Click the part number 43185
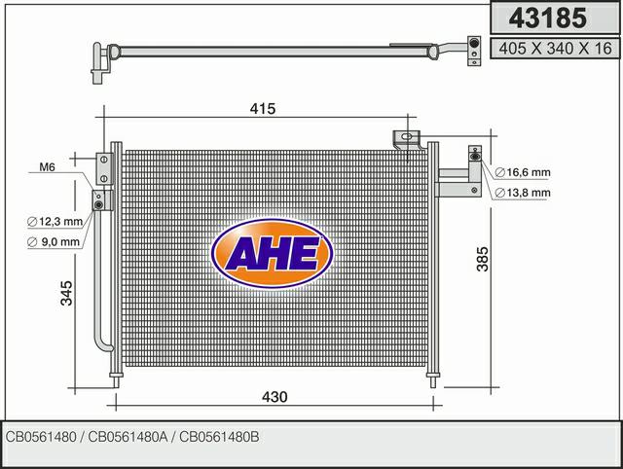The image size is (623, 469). coord(547,18)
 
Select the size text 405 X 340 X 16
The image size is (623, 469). coord(555,49)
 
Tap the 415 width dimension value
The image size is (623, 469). coord(263,108)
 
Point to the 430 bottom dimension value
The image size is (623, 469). coord(275,397)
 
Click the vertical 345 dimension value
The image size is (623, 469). coord(67,293)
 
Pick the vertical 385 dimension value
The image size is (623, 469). coord(483,259)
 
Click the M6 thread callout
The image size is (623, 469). coord(47,167)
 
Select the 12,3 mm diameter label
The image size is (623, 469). coord(55,221)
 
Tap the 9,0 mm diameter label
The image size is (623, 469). coord(54,241)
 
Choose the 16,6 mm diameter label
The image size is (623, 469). coord(523,172)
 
